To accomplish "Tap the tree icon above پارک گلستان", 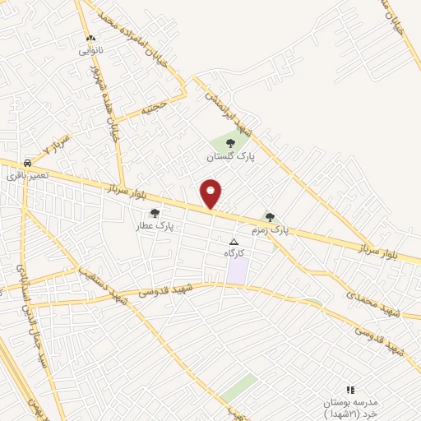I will coord(229,144).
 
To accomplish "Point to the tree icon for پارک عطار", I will coord(155,213).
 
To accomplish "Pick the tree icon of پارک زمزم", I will coord(270,217).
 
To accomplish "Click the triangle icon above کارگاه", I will coord(234,243).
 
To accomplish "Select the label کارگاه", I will coord(235,253).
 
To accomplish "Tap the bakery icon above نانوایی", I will coord(90,38).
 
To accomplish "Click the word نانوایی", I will coord(93,49).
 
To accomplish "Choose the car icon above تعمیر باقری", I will coord(28,163).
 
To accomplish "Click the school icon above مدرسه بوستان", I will coord(350,390).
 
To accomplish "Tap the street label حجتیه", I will coord(154,106).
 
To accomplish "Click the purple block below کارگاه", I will coord(237,271).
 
